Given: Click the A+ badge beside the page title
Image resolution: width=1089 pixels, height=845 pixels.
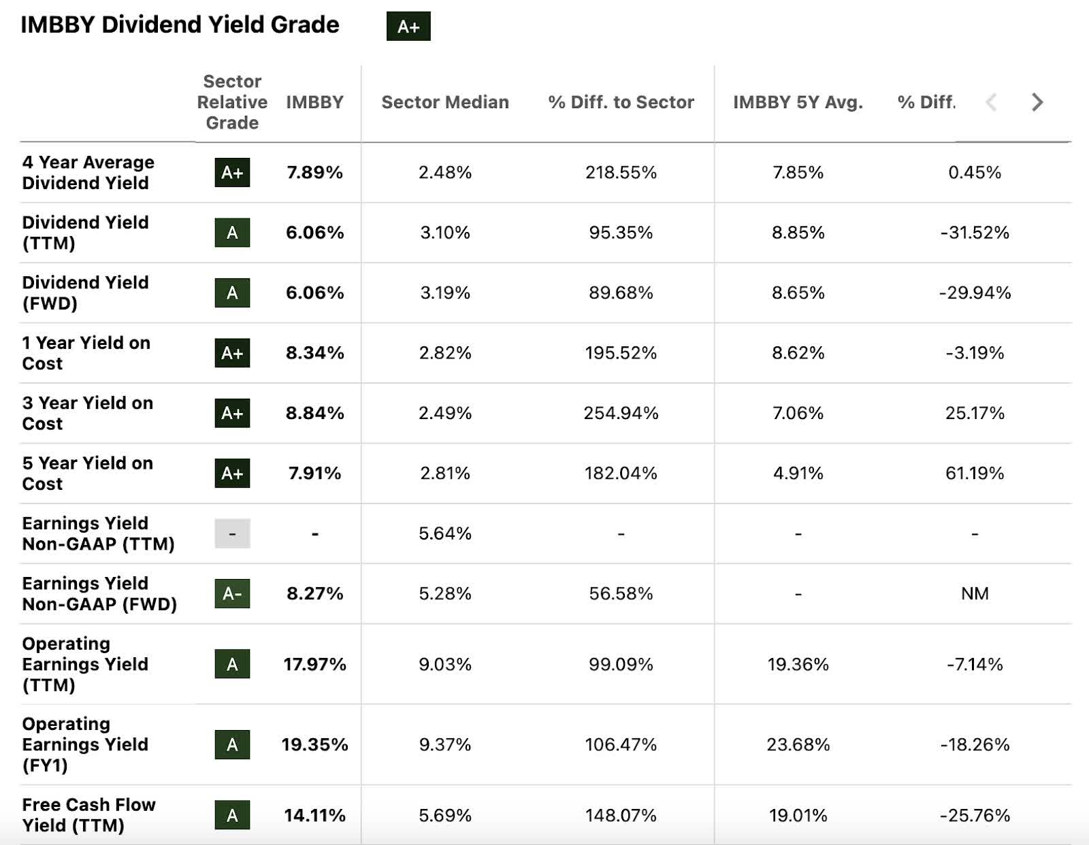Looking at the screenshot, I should tap(408, 27).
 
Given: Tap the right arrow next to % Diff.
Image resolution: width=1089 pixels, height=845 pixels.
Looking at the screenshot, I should tap(1037, 102).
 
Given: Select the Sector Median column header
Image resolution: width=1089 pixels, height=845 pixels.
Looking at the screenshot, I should tap(445, 102).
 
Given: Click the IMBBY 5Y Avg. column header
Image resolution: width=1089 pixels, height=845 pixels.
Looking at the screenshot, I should tap(798, 102).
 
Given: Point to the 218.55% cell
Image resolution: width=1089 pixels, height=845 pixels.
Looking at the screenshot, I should tap(621, 172).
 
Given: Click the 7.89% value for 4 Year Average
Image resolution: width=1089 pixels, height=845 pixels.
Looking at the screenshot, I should tap(314, 172).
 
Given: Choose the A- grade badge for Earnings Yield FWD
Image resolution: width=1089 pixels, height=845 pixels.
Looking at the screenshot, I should tap(232, 593).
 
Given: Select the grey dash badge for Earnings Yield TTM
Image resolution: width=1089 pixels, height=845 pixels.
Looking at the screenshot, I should tap(232, 533).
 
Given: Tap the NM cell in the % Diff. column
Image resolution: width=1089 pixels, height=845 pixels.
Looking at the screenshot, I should tap(975, 593).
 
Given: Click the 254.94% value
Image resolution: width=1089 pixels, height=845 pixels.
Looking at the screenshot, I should tap(621, 413).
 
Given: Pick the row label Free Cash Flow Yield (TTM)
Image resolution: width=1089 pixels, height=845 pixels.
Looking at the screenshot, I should tap(88, 814).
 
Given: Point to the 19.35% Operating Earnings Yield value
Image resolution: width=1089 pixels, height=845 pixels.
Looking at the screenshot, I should tap(314, 744).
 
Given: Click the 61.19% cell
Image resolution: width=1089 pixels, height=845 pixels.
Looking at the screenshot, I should tap(975, 473).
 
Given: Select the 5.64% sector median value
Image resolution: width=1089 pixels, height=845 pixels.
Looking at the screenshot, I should tap(445, 533).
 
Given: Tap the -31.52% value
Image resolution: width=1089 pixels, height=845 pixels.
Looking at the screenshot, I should tap(975, 233).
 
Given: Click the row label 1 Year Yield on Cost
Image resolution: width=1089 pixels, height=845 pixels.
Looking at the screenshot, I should tap(86, 352).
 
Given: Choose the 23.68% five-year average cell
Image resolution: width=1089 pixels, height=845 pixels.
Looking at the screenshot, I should tap(798, 744).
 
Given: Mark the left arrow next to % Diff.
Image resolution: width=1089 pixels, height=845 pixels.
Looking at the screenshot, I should tap(992, 102).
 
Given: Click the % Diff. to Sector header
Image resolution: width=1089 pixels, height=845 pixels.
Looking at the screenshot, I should tap(621, 102).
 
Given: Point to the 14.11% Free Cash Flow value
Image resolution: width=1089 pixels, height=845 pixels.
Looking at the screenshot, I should tap(314, 815).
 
